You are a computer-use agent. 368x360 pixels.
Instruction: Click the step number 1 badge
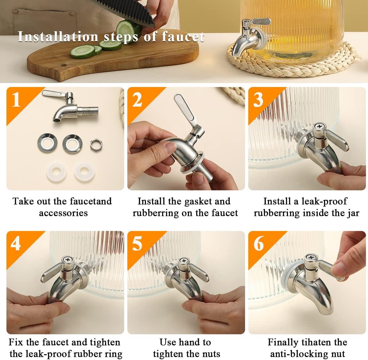click(x=16, y=100)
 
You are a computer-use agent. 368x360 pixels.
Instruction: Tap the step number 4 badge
click(x=16, y=244)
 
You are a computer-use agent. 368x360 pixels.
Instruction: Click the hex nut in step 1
click(x=96, y=143)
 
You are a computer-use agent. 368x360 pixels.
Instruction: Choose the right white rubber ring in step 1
click(x=83, y=169)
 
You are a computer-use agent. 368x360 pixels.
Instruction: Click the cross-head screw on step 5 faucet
click(x=184, y=261)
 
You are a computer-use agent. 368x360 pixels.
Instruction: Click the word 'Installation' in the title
click(x=58, y=36)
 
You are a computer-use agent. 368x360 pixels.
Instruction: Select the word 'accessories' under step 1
click(x=63, y=213)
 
